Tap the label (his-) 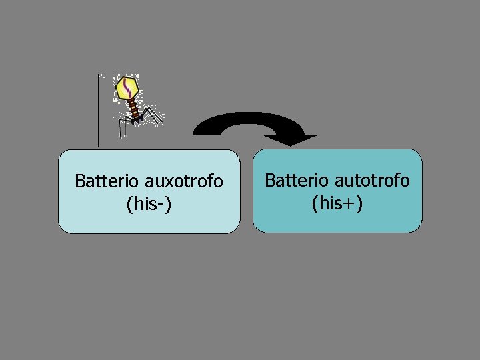pyautogui.click(x=149, y=203)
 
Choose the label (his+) pyautogui.click(x=337, y=203)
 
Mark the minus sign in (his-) pyautogui.click(x=163, y=204)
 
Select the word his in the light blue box pyautogui.click(x=143, y=203)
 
